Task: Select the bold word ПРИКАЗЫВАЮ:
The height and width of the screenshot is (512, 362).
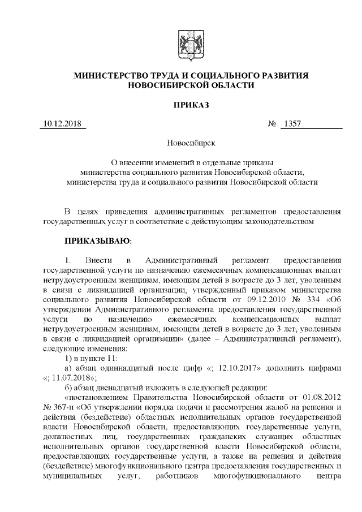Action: [x=98, y=242]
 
